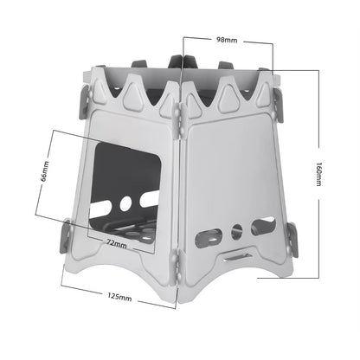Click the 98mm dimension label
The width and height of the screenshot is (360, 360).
[x=227, y=40]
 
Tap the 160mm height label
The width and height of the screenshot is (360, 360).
[x=318, y=173]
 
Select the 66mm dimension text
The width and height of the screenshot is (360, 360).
[x=45, y=171]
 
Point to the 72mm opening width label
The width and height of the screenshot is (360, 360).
[x=117, y=244]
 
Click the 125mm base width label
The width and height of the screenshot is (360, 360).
[x=119, y=297]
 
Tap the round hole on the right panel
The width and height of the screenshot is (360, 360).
[x=237, y=231]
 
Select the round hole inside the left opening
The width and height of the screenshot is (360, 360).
[x=125, y=202]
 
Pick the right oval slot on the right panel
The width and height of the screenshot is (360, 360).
[x=263, y=225]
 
